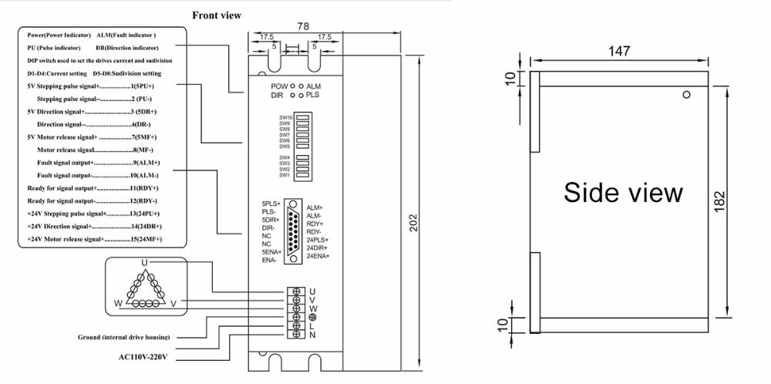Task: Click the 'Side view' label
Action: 623,192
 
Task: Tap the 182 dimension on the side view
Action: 742,202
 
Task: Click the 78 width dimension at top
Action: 303,26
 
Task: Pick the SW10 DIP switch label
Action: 284,117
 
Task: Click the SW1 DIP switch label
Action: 284,175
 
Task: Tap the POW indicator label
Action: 278,86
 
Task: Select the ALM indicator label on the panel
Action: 314,86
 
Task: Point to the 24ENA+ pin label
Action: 318,256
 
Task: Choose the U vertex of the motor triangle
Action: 144,264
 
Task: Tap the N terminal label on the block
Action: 311,335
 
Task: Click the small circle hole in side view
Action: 685,95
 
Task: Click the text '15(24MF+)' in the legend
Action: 146,241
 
